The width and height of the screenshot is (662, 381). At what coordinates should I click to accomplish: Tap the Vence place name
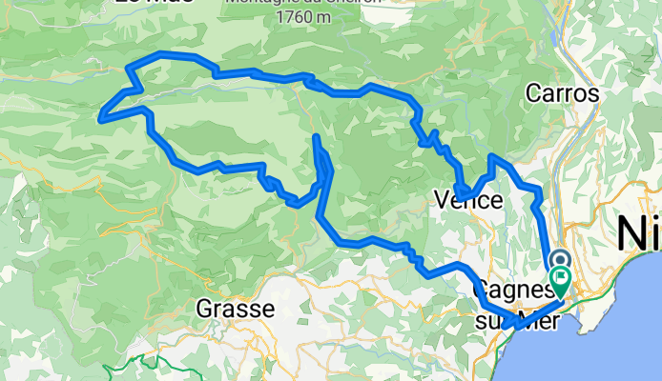tap(467, 201)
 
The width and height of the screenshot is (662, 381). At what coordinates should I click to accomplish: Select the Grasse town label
tap(235, 309)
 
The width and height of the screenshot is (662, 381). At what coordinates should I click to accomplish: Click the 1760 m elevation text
tap(297, 16)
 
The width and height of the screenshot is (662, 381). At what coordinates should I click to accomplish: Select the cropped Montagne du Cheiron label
tap(296, 2)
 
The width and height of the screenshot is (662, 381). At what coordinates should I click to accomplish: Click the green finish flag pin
tap(560, 282)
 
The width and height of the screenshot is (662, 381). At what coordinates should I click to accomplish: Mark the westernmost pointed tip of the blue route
tap(100, 118)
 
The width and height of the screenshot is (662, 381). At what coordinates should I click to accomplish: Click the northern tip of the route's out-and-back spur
tap(315, 139)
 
